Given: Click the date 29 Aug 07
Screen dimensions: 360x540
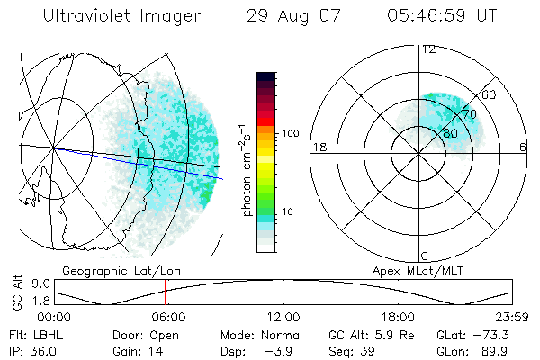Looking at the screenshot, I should pyautogui.click(x=290, y=16).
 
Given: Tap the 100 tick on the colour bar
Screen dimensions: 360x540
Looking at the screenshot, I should pyautogui.click(x=289, y=133).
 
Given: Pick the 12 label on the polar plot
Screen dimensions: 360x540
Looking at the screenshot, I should pyautogui.click(x=428, y=49).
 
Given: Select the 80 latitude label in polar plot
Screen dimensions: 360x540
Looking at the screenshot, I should pyautogui.click(x=450, y=132).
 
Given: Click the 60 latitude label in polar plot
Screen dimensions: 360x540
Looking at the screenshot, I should pyautogui.click(x=490, y=94).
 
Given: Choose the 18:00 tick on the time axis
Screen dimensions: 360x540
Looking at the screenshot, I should pyautogui.click(x=398, y=317).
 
